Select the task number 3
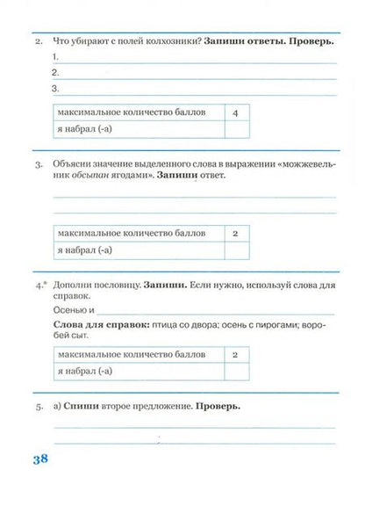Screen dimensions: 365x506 38,163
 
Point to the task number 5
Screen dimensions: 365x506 38,408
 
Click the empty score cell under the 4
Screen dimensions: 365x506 236,130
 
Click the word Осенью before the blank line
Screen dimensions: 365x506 70,310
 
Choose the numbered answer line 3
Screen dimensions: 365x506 193,89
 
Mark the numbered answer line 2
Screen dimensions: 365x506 193,73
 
